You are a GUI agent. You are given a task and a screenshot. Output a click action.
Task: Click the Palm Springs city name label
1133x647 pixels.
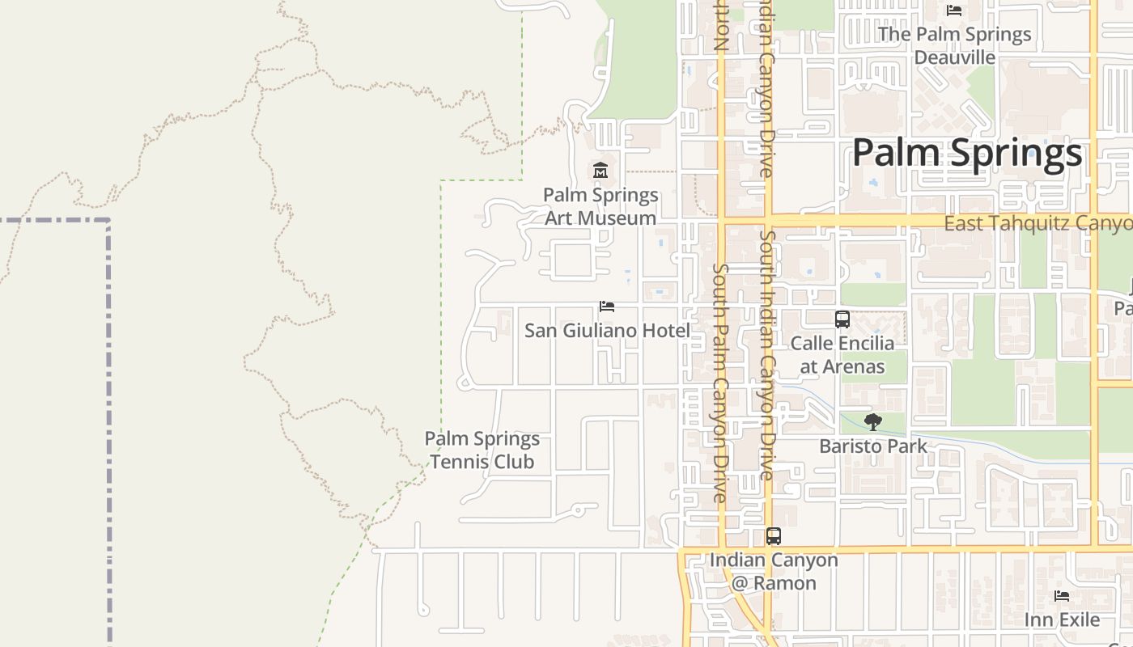967,153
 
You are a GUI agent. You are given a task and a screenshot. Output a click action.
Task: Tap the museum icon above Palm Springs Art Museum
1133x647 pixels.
600,171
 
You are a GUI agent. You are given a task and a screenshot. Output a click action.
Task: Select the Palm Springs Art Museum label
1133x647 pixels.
600,207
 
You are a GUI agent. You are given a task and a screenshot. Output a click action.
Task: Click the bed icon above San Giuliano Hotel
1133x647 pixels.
607,307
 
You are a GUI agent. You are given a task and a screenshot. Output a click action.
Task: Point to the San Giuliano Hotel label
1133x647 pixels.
607,331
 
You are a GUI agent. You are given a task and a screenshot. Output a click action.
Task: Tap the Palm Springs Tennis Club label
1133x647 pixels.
482,450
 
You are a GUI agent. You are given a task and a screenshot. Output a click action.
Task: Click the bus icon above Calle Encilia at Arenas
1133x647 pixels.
842,319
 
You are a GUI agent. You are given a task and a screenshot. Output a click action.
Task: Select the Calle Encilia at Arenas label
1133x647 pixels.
842,355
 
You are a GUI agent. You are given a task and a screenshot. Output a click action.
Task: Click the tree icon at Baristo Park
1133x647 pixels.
872,421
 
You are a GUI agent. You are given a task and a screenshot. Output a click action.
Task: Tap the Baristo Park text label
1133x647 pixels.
873,446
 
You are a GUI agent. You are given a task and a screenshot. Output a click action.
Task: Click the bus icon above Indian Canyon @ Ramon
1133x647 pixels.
774,536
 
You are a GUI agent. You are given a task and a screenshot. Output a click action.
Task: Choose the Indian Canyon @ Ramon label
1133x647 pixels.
774,572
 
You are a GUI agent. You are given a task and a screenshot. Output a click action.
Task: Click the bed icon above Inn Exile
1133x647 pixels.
1062,596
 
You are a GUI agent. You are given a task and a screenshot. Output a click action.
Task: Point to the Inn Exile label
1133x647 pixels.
1062,620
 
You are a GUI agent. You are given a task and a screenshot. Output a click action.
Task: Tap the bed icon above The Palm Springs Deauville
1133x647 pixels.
954,11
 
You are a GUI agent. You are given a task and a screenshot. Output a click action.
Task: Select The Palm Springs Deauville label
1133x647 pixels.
954,45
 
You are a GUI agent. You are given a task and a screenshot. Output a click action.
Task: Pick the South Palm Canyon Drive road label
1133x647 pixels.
720,383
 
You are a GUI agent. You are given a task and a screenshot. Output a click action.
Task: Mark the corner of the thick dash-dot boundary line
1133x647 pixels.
108,220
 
